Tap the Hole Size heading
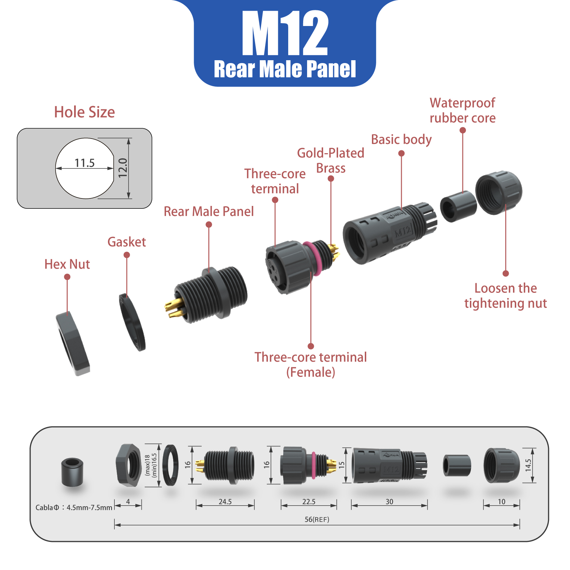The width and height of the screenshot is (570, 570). click(x=84, y=112)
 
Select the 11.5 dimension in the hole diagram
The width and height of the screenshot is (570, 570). click(x=84, y=163)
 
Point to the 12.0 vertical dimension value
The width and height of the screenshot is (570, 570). click(x=123, y=168)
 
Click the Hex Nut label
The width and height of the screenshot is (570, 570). click(x=67, y=264)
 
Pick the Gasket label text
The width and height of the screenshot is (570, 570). click(x=126, y=242)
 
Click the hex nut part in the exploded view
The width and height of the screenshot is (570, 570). click(x=73, y=344)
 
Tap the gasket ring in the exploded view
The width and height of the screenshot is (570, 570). click(x=132, y=322)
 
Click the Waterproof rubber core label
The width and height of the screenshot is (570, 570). click(x=462, y=110)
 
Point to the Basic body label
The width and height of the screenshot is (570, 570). click(x=401, y=140)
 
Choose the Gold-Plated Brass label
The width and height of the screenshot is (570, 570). click(x=331, y=160)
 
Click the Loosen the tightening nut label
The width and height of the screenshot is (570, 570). click(x=506, y=296)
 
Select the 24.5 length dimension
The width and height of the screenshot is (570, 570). click(x=225, y=502)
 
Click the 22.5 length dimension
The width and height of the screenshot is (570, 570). click(x=309, y=502)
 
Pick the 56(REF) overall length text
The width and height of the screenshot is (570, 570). click(x=317, y=519)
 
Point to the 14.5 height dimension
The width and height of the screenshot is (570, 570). click(x=528, y=465)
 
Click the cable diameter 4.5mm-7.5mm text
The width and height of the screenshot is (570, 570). click(x=74, y=507)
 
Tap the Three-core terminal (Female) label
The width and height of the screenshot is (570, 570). click(x=311, y=365)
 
